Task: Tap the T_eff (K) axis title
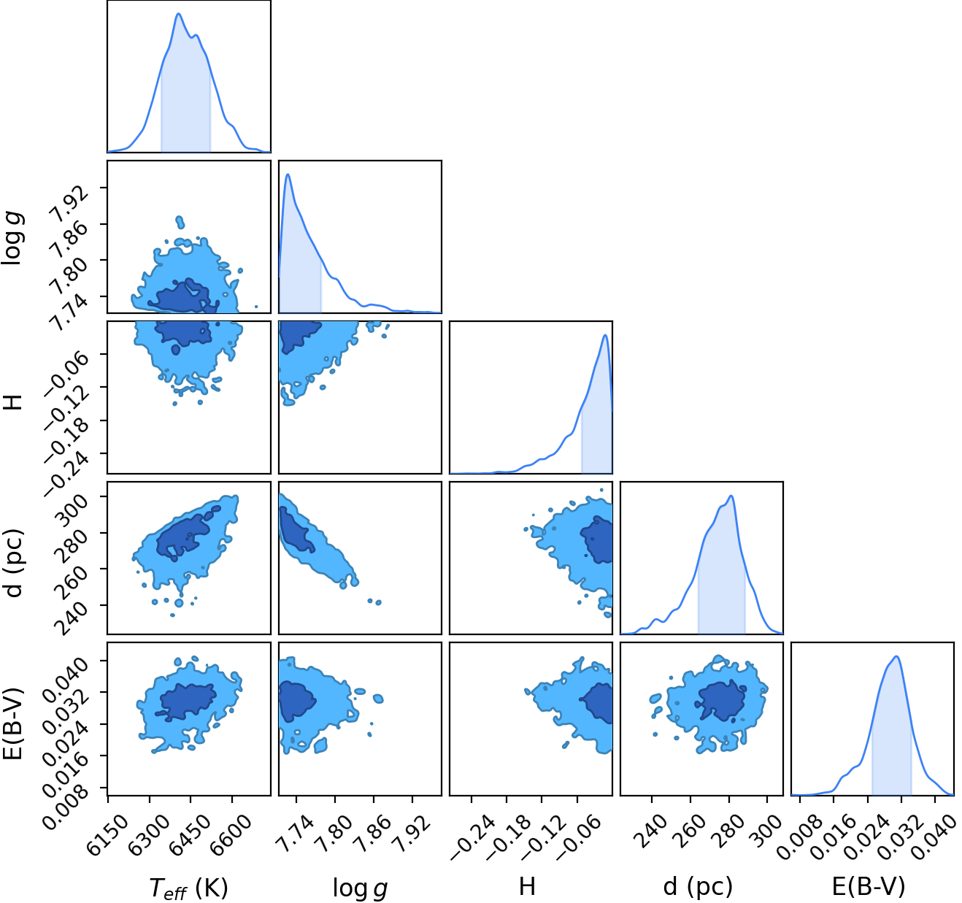188,888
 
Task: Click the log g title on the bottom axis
360,888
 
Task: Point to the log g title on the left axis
12,237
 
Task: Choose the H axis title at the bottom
527,886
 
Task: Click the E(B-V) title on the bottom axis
869,887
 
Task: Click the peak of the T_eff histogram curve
178,14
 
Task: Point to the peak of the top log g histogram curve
288,174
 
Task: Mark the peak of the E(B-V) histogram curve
896,656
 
